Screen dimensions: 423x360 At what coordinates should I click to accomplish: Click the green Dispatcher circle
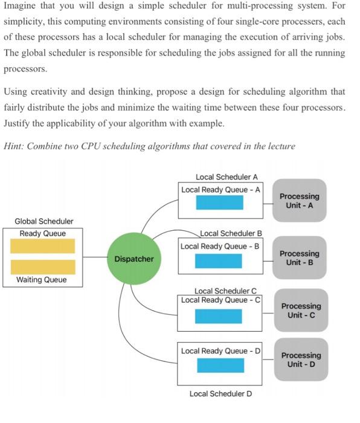tap(134, 259)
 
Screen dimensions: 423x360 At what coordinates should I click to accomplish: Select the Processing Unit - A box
tap(300, 201)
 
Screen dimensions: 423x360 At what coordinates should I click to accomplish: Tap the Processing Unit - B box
tap(300, 257)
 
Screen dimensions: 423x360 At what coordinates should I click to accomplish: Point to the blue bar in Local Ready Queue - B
tap(218, 260)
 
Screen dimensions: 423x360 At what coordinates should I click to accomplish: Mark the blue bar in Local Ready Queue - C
tap(218, 315)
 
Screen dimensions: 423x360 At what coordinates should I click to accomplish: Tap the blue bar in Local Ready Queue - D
tap(220, 365)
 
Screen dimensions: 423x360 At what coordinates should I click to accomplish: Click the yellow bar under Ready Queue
tap(43, 246)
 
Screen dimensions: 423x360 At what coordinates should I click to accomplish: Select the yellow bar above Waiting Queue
tap(43, 266)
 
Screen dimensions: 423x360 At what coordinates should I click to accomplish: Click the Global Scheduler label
tap(44, 221)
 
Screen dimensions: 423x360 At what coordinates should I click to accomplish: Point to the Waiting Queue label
tap(42, 280)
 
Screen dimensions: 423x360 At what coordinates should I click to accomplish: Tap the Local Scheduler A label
tap(227, 177)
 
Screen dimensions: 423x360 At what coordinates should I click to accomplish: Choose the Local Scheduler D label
tap(220, 393)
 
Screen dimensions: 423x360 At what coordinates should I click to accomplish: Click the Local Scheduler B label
tap(231, 233)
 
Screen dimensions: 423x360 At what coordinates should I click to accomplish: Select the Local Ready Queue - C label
tap(220, 300)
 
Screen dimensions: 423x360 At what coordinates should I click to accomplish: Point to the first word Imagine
tap(22, 7)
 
